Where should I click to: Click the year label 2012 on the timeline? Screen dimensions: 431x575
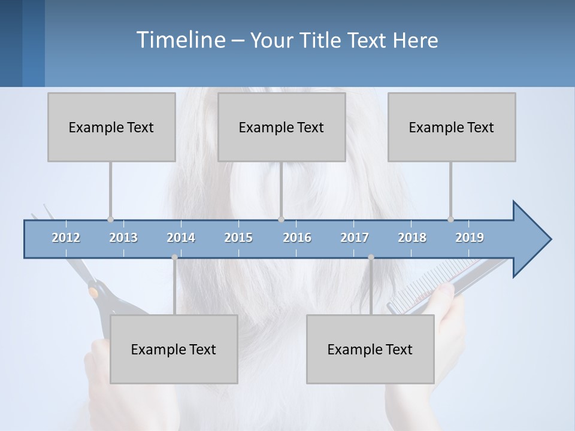[66, 238]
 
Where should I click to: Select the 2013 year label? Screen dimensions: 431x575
[123, 238]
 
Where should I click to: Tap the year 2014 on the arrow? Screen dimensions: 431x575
[181, 238]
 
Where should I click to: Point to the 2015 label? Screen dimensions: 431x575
[238, 238]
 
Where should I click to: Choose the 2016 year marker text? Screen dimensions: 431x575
[297, 238]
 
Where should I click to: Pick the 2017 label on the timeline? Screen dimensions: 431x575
[355, 238]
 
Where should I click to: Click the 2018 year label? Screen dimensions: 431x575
[412, 238]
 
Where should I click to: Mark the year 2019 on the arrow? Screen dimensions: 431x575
[470, 238]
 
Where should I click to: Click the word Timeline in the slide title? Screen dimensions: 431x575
[180, 40]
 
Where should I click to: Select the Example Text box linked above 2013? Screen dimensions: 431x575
[111, 127]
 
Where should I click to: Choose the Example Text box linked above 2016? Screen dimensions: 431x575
[282, 127]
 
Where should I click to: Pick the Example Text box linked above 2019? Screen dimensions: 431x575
[452, 127]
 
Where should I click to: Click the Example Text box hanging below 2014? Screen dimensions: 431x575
[174, 349]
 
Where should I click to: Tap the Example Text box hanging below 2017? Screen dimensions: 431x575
[370, 349]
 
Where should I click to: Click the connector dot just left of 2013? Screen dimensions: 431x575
[110, 220]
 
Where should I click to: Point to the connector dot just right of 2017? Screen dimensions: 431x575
[371, 257]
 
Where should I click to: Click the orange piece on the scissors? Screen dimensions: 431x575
[93, 292]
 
